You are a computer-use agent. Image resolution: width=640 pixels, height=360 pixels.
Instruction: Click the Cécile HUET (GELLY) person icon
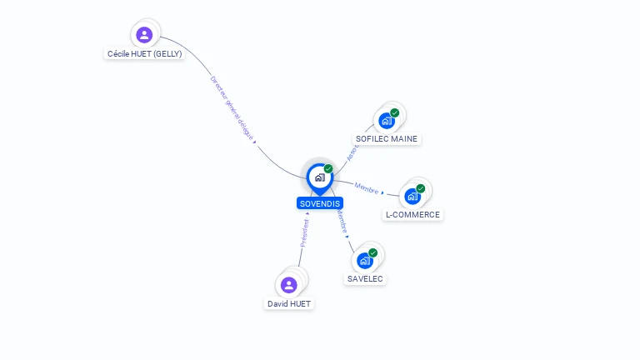pyautogui.click(x=144, y=35)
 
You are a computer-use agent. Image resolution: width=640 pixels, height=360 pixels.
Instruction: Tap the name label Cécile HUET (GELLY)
pyautogui.click(x=144, y=53)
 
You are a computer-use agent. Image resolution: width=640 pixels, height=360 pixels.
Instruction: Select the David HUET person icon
pyautogui.click(x=289, y=285)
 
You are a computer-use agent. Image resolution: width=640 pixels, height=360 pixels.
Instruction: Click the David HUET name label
pyautogui.click(x=289, y=304)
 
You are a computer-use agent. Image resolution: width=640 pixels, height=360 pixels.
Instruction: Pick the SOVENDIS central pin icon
pyautogui.click(x=319, y=177)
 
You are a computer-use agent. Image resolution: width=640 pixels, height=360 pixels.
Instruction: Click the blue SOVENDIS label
pyautogui.click(x=320, y=203)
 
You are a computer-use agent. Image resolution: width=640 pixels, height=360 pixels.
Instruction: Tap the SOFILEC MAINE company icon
pyautogui.click(x=387, y=121)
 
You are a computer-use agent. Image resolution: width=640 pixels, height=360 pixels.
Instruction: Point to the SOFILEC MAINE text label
pyautogui.click(x=387, y=139)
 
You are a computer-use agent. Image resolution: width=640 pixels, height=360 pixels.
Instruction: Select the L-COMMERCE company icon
pyautogui.click(x=412, y=197)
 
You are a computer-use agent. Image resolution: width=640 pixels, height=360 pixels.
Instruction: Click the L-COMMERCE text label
pyautogui.click(x=412, y=215)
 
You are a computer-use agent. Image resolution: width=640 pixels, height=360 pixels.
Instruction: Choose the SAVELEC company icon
pyautogui.click(x=365, y=261)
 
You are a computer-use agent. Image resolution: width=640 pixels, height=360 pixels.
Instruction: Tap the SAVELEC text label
pyautogui.click(x=365, y=279)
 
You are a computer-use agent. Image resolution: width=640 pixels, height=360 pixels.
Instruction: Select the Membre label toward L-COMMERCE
pyautogui.click(x=367, y=187)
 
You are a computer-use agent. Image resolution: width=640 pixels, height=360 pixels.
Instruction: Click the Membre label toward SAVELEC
pyautogui.click(x=342, y=220)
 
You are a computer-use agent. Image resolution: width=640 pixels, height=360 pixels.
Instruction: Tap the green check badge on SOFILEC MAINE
pyautogui.click(x=394, y=113)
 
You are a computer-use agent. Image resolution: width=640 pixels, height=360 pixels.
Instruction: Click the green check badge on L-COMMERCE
pyautogui.click(x=421, y=188)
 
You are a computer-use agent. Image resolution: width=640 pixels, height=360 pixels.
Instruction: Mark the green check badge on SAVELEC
pyautogui.click(x=372, y=252)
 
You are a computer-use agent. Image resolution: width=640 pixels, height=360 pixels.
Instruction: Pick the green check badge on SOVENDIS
pyautogui.click(x=328, y=169)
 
